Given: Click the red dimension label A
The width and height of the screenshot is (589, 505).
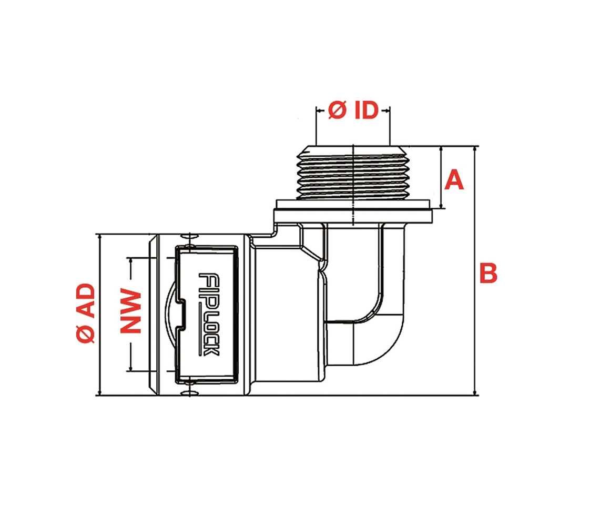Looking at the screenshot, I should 454,181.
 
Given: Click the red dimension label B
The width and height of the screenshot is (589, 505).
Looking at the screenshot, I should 488,274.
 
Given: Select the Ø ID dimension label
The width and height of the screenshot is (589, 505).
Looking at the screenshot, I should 353,110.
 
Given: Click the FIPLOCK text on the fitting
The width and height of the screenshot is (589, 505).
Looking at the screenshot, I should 209,314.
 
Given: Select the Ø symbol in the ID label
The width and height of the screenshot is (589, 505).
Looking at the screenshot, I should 337,110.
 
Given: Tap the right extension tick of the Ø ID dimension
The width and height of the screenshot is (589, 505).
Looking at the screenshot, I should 390,126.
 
